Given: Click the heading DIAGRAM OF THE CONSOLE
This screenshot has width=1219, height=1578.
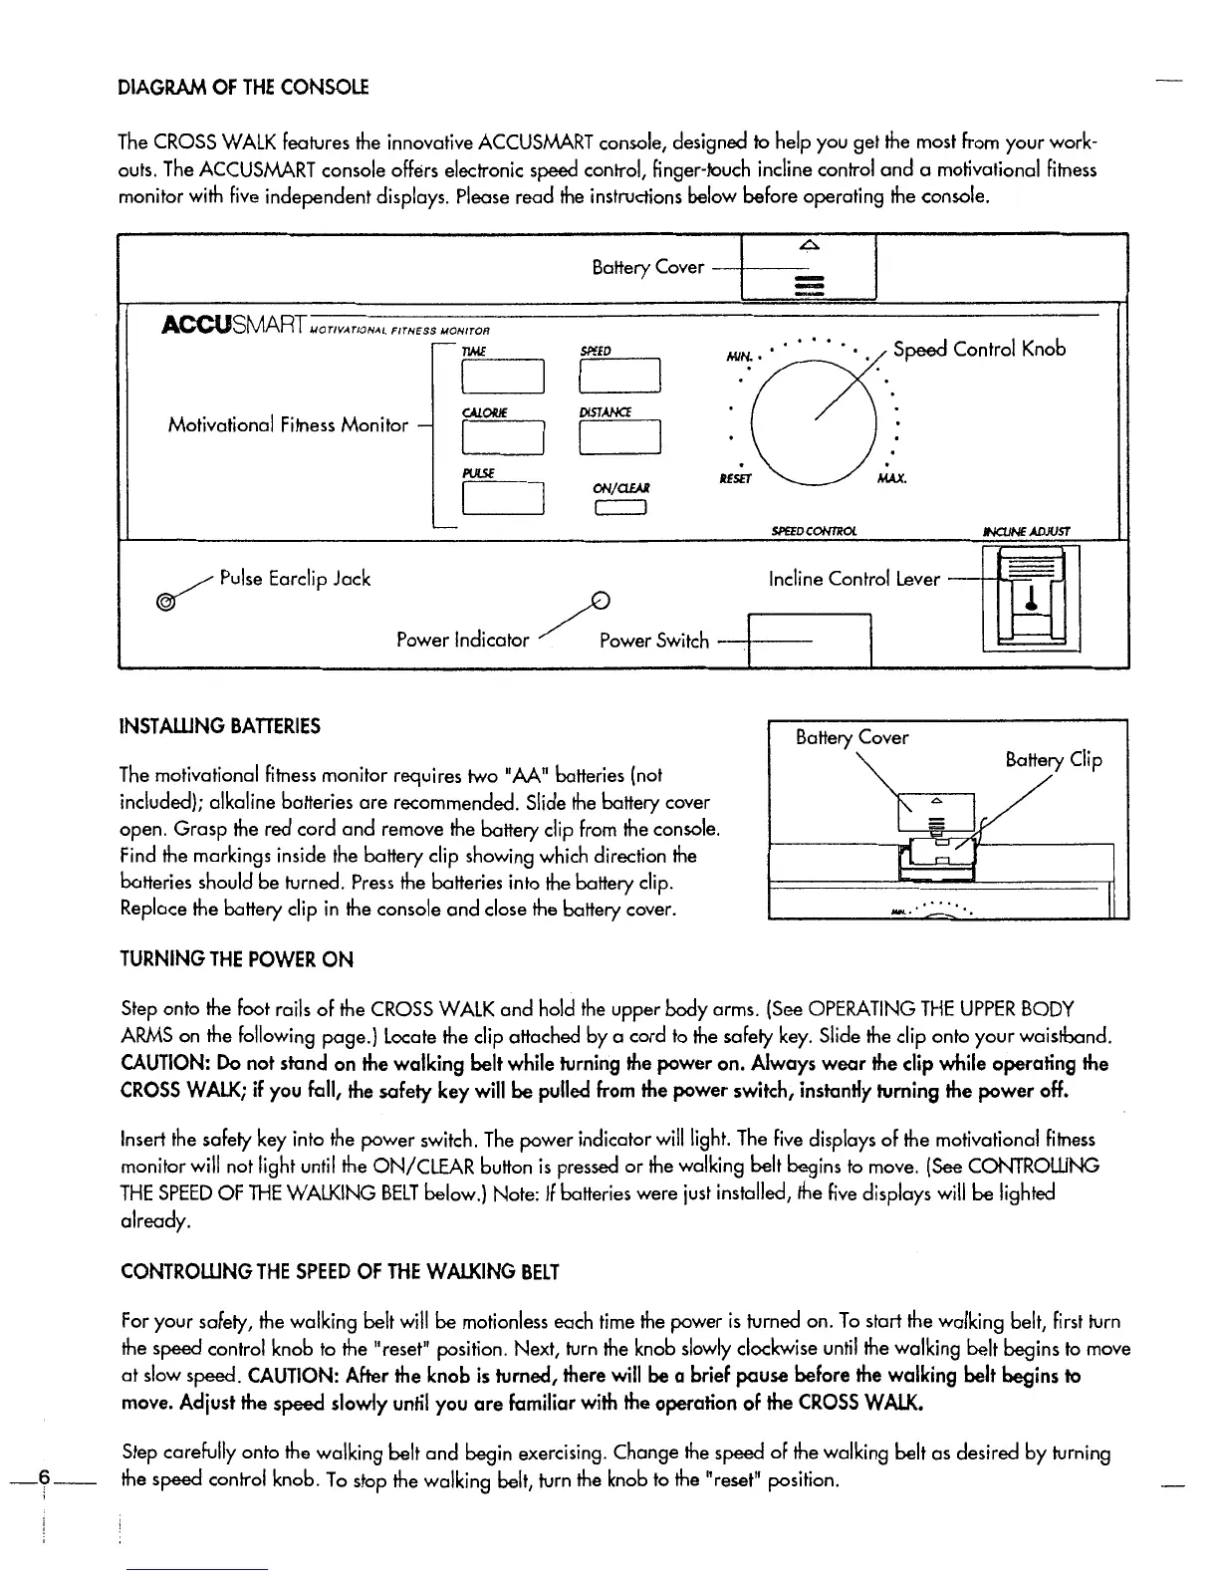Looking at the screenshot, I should click(x=244, y=88).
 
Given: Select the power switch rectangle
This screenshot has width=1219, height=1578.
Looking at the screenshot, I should click(x=809, y=641).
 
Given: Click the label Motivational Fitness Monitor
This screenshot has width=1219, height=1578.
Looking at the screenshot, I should click(x=288, y=425).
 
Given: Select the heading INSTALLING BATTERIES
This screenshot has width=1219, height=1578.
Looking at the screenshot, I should click(x=219, y=726).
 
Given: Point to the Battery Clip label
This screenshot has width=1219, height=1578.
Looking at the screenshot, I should click(x=1054, y=761).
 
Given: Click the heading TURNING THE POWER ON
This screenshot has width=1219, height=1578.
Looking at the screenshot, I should click(x=236, y=960).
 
